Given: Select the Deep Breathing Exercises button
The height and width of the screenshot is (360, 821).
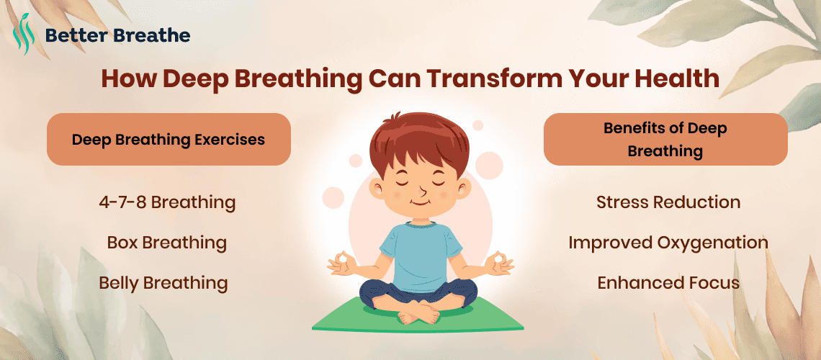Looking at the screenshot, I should [x=169, y=139].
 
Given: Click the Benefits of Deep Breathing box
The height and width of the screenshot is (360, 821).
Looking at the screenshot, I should [x=665, y=140].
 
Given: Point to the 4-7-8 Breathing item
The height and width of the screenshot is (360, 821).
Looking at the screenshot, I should [x=167, y=202].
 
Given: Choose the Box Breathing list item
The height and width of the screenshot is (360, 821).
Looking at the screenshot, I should [x=166, y=243].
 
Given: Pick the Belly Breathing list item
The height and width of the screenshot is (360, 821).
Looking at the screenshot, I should [x=163, y=283].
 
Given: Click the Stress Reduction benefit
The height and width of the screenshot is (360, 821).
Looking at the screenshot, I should [x=668, y=202].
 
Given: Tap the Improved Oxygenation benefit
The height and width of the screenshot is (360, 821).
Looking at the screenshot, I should [x=668, y=243].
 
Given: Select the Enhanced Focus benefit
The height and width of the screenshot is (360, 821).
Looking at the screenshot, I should [x=668, y=283].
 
